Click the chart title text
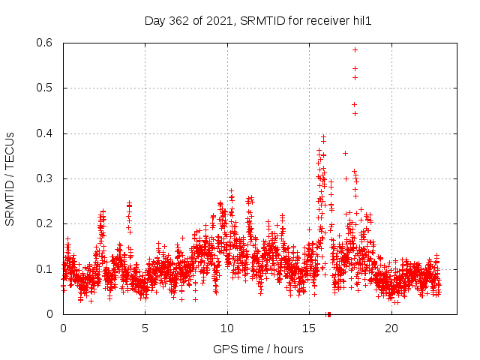(x=258, y=21)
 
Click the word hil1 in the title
(x=361, y=21)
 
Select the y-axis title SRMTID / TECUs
(x=10, y=178)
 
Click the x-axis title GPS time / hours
(x=258, y=349)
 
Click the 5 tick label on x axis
(x=145, y=328)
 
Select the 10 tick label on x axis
(x=227, y=328)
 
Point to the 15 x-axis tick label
(x=310, y=328)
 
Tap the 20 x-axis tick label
(x=391, y=328)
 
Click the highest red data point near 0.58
(x=355, y=49)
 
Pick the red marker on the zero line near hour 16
(x=328, y=313)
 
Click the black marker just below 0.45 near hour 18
(x=355, y=113)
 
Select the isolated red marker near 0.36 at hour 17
(x=345, y=153)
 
